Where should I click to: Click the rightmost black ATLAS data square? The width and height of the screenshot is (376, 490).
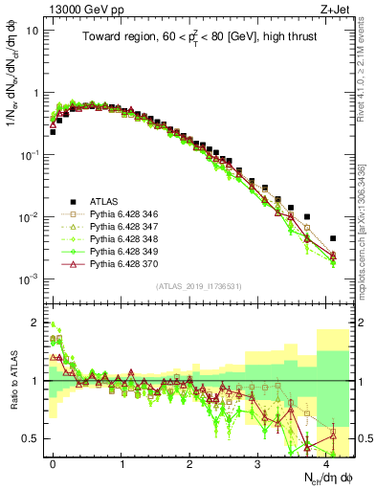pos(333,238)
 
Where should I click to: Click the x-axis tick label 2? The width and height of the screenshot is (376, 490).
pos(189,462)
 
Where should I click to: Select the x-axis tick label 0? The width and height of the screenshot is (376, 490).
pos(54,462)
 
